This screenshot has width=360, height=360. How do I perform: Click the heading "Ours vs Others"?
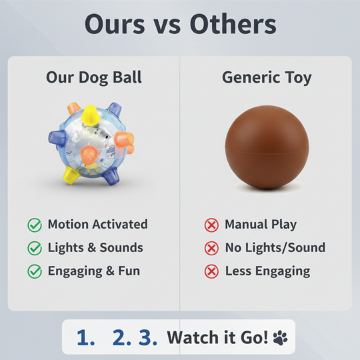coord(180,25)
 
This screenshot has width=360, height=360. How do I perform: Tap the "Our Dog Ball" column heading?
coord(93,77)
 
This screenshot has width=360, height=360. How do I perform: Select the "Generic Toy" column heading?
coord(267,77)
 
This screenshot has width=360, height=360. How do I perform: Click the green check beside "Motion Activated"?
coord(35,225)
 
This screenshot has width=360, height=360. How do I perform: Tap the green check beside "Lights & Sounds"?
coord(35,248)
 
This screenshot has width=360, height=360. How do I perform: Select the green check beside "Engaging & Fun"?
coord(35,271)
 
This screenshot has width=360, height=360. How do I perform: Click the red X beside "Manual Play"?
coord(211,225)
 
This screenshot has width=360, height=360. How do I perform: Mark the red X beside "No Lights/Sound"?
coord(211,248)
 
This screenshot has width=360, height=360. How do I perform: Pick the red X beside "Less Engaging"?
coord(211,271)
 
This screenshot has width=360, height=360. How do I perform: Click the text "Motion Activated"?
coord(97,225)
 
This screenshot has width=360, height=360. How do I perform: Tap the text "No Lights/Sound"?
coord(275,248)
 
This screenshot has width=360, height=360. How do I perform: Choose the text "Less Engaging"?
coord(267,271)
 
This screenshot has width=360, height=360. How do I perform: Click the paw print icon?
coord(281,338)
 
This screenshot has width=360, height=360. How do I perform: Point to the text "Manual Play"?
coord(261,225)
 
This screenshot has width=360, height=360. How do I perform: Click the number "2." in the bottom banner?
coord(121,338)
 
